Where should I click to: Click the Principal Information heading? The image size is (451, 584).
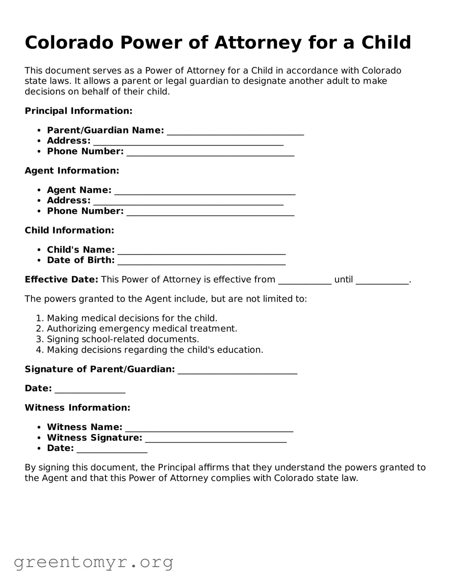(x=79, y=111)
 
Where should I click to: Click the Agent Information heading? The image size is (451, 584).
(x=72, y=171)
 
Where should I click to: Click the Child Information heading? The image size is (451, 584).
(x=69, y=231)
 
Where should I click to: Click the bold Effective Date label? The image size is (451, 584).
(x=61, y=280)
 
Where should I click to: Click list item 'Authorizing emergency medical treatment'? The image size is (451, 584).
(x=142, y=329)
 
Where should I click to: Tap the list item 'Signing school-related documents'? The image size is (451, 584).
(x=123, y=339)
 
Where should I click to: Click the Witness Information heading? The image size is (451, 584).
(x=78, y=408)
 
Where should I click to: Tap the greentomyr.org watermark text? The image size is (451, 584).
(x=93, y=562)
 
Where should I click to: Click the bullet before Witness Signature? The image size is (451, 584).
(x=39, y=438)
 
